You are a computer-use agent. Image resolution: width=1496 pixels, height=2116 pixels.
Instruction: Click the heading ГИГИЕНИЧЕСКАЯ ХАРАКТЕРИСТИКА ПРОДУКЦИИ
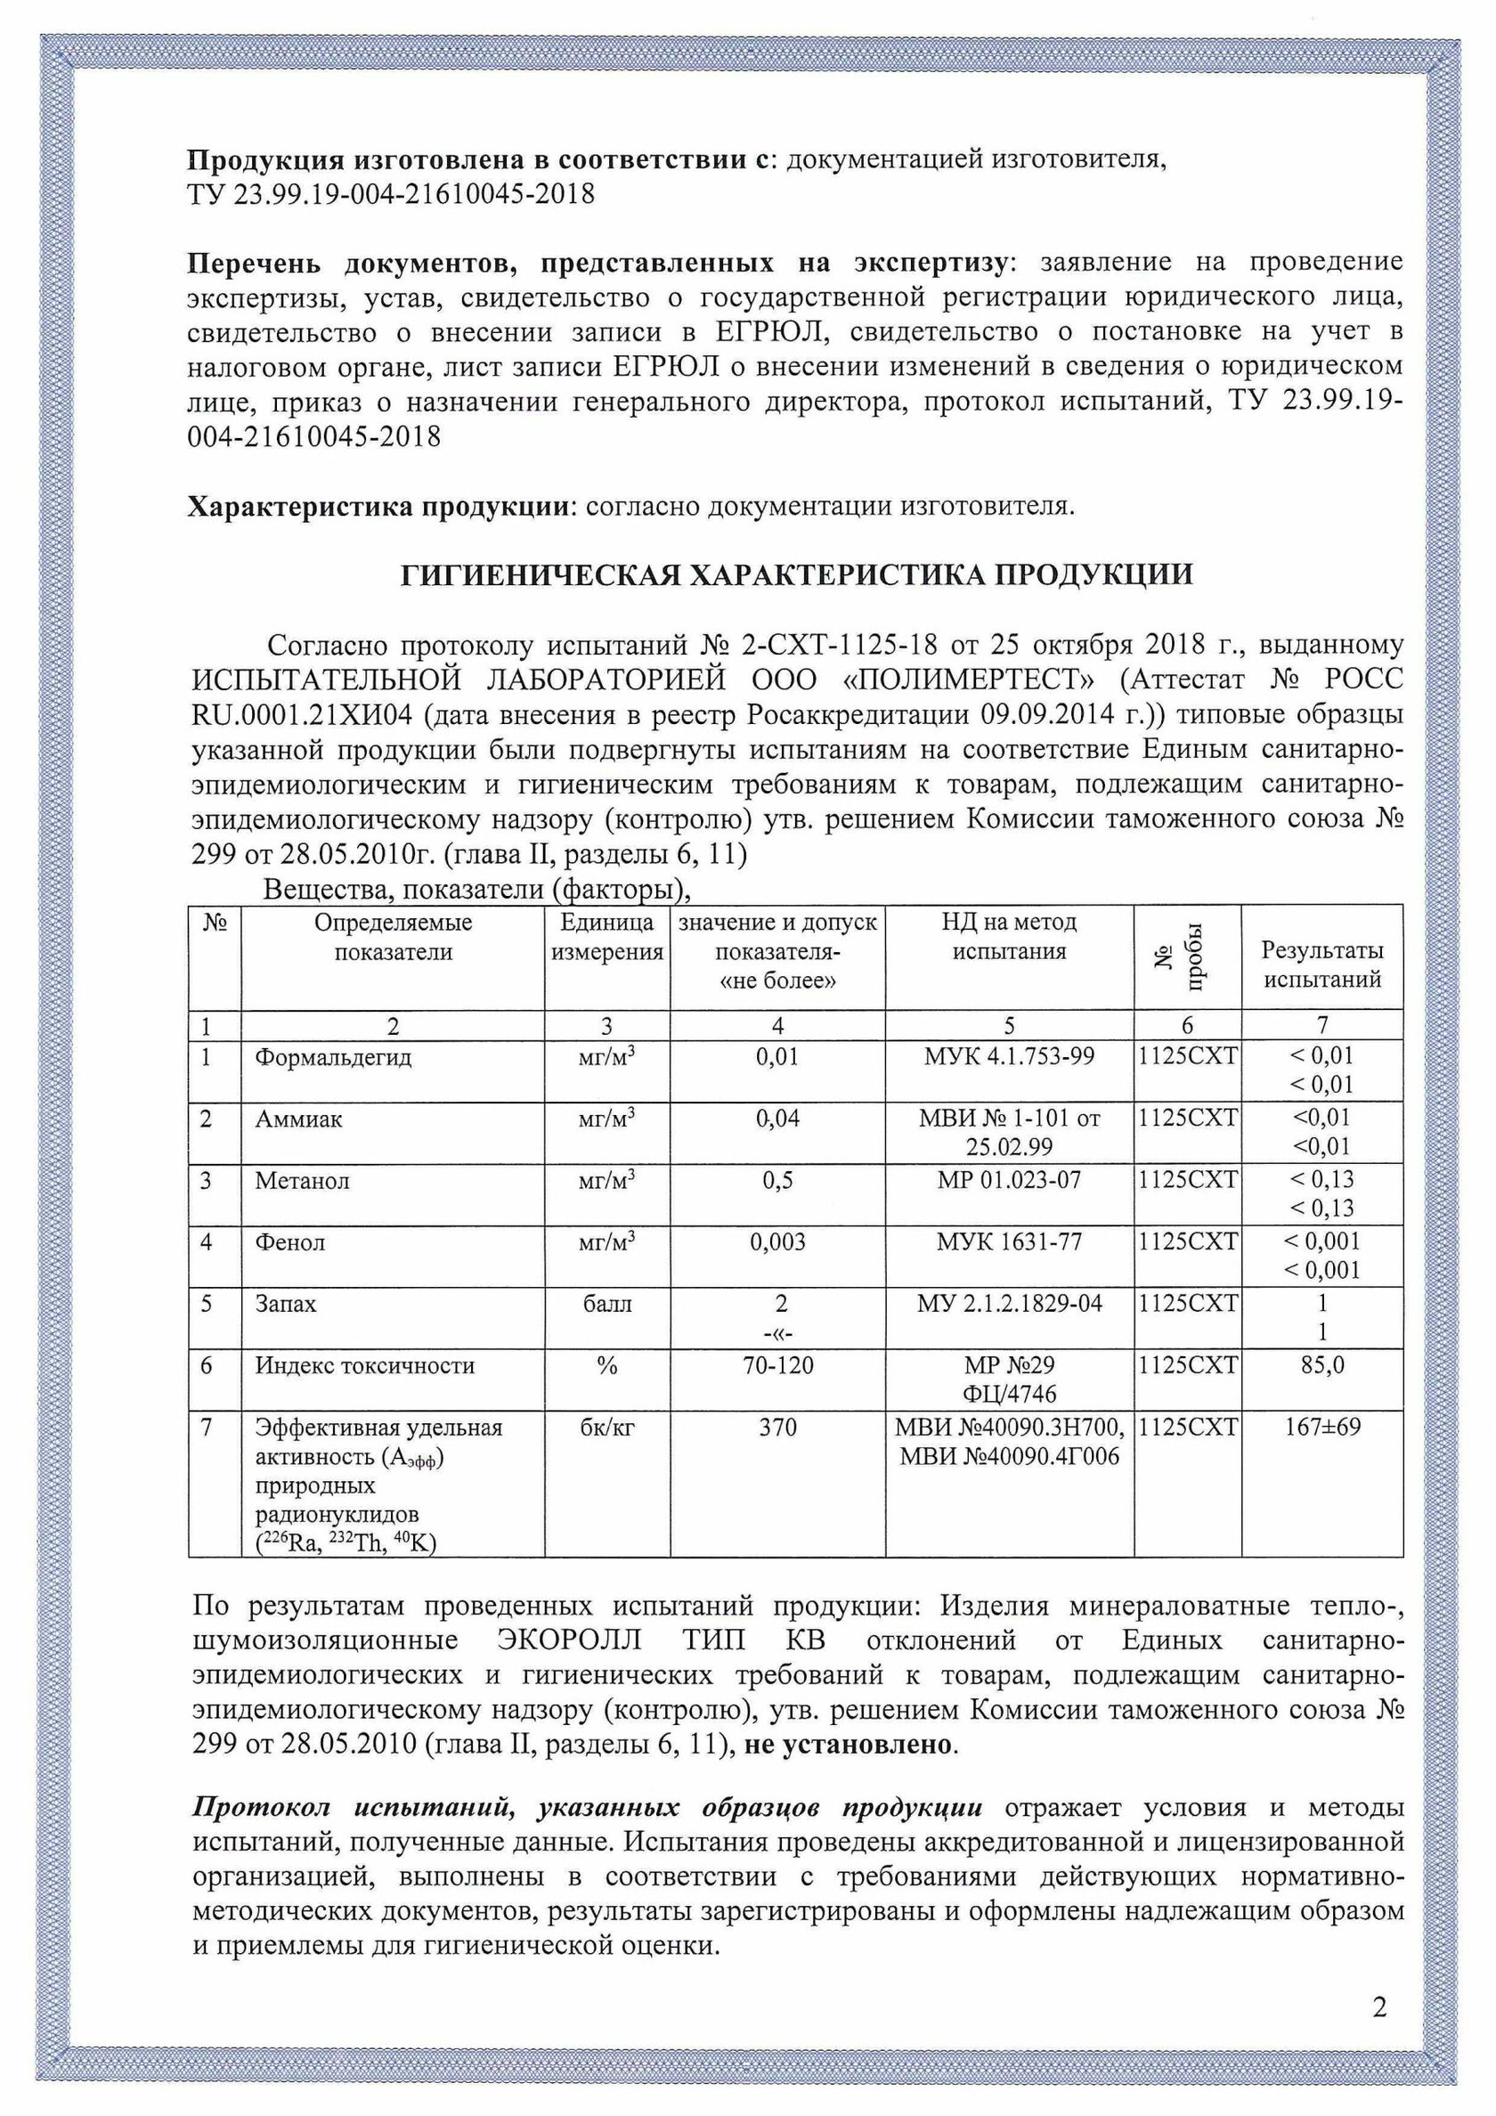[x=797, y=575]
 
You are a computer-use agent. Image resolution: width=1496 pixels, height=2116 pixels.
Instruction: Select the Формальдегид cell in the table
[x=333, y=1057]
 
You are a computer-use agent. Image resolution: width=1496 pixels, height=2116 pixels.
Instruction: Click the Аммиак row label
[x=298, y=1119]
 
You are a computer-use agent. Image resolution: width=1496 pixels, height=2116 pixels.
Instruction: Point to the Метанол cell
[x=303, y=1181]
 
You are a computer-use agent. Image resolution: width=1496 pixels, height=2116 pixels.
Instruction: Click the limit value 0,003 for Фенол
[x=777, y=1242]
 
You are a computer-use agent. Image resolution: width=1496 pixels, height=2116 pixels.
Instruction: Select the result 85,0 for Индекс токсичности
[x=1321, y=1365]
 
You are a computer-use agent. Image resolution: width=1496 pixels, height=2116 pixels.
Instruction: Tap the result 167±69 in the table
[x=1321, y=1428]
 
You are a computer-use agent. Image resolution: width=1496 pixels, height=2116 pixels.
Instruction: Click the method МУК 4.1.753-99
[x=1009, y=1056]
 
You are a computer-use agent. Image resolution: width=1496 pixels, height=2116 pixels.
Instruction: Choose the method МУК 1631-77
[x=1009, y=1242]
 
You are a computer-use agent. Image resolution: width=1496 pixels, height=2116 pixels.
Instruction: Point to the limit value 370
[x=777, y=1428]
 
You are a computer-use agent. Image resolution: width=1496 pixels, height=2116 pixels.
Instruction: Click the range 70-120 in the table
[x=777, y=1365]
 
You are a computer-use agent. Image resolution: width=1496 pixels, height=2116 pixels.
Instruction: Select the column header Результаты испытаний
[x=1321, y=964]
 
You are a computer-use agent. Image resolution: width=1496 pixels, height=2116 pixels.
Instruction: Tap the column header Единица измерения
[x=606, y=937]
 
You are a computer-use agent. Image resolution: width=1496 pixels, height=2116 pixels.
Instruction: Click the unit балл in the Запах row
[x=606, y=1304]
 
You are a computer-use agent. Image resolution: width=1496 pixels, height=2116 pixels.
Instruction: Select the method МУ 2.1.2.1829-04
[x=1009, y=1304]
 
